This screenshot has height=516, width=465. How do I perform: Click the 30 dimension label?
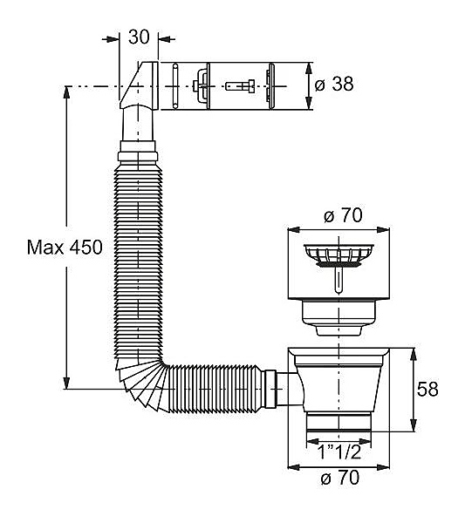[139, 37]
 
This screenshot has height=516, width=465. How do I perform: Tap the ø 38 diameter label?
[334, 85]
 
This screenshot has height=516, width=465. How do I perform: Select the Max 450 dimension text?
[65, 248]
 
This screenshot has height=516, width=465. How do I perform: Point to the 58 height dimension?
[427, 389]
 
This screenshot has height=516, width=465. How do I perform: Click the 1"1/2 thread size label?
[339, 453]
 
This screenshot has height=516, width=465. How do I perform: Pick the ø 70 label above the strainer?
[343, 216]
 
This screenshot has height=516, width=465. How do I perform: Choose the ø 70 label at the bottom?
[339, 478]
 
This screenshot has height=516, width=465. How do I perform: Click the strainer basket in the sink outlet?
[338, 255]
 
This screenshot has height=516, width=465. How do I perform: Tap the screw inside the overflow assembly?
[240, 86]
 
